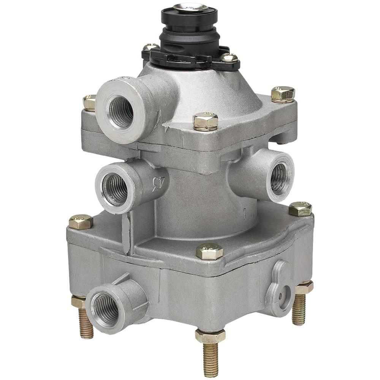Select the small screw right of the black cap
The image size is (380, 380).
tap(229, 58)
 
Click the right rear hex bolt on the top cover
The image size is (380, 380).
tap(283, 93)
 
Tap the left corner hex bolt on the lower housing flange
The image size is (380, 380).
tap(81, 222)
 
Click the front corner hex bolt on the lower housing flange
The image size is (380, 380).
tap(209, 251)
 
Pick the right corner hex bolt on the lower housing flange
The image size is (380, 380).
tap(300, 209)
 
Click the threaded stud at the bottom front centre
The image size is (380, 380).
tap(210, 359)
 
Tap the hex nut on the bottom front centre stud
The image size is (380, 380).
tap(210, 336)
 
